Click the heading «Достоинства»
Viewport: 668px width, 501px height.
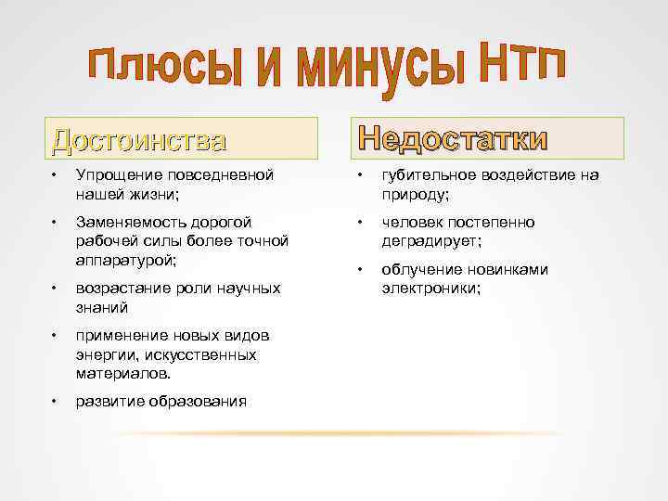tap(139, 140)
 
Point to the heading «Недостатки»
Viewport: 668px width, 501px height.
tap(454, 139)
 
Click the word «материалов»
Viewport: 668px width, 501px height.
tap(122, 373)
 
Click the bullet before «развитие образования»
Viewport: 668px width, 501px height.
tap(56, 401)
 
